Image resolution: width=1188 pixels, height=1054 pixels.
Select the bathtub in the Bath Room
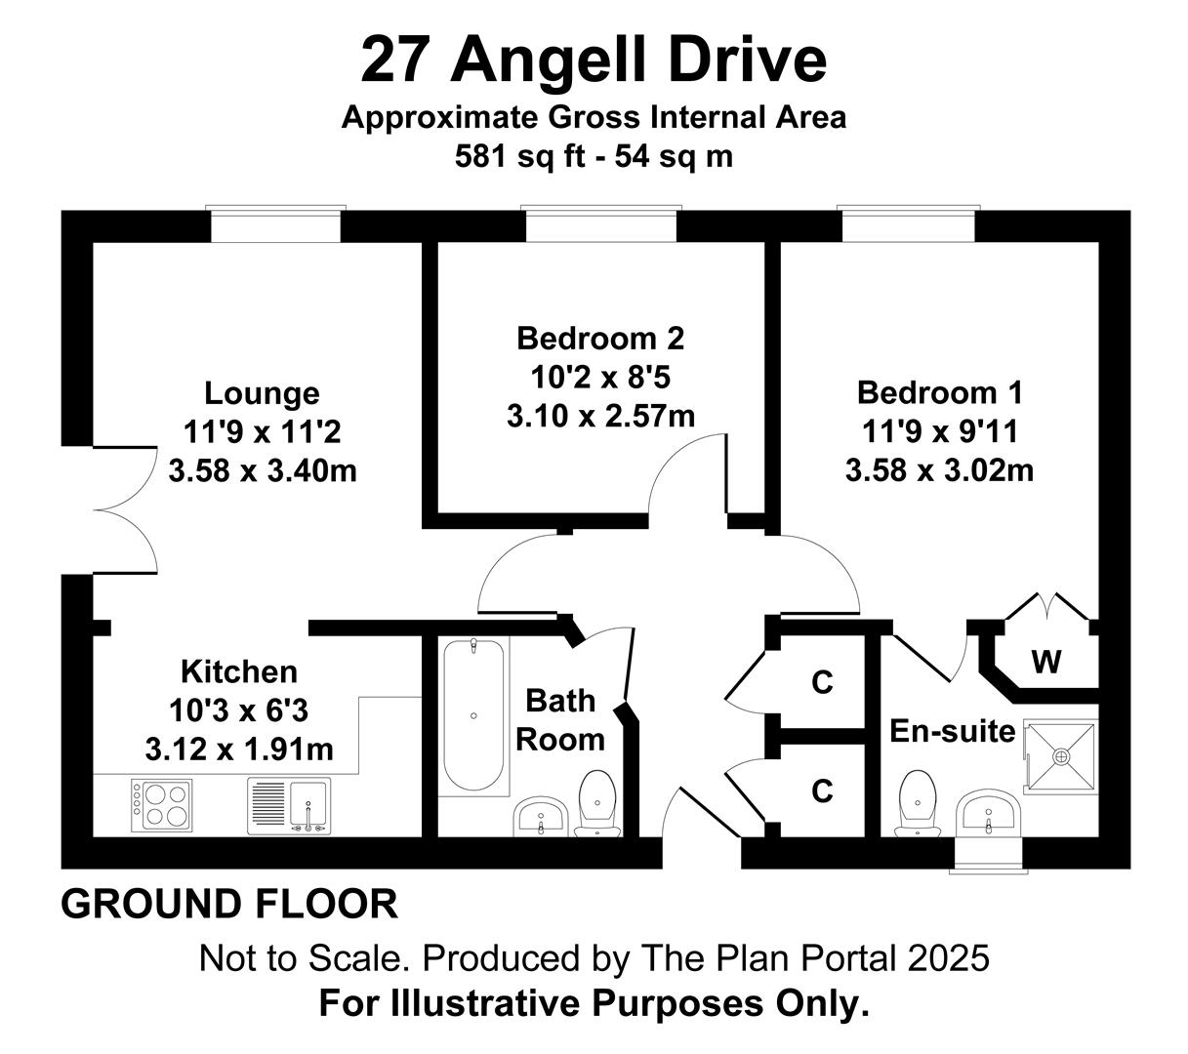(x=473, y=714)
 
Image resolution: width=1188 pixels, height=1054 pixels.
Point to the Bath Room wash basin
(x=540, y=816)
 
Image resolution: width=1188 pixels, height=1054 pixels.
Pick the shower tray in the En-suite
(x=1061, y=756)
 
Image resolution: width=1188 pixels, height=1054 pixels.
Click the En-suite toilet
(x=917, y=803)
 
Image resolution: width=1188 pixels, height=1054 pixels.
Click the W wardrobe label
(x=1046, y=662)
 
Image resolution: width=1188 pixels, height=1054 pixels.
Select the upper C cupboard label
(x=822, y=682)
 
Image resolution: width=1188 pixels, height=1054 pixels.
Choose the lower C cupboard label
(x=822, y=790)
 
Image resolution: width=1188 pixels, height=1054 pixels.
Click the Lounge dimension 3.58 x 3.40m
(x=263, y=470)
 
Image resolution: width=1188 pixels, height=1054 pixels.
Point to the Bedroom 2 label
(x=600, y=339)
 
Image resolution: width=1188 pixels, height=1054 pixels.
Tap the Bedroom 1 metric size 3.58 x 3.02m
(x=939, y=470)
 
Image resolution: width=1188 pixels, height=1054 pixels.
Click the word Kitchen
(x=239, y=671)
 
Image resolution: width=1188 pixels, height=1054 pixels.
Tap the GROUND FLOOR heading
(x=229, y=904)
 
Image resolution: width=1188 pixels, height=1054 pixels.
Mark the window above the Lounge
(x=275, y=224)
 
